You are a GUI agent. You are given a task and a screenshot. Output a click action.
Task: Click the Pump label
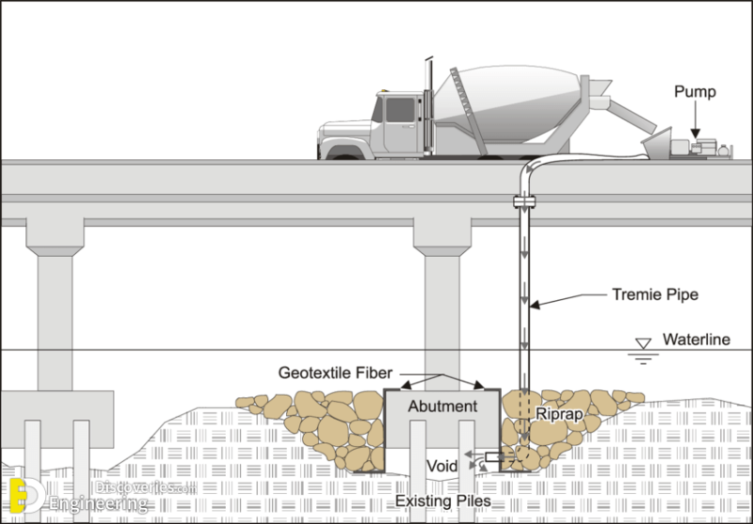697,91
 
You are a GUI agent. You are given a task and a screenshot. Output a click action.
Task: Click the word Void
442,465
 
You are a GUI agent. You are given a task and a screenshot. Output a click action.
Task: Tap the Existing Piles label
444,501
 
